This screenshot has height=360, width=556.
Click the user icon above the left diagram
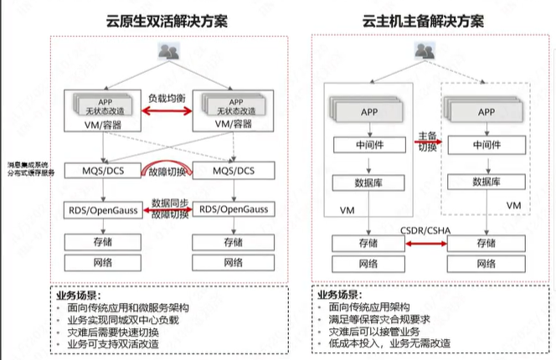click(x=170, y=53)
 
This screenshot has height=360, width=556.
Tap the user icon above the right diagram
click(x=424, y=53)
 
